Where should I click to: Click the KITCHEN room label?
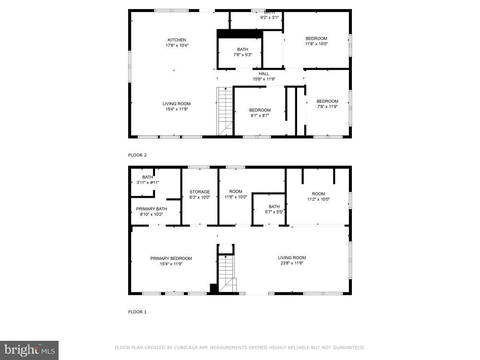click(x=177, y=40)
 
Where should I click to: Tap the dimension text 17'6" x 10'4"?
click(x=177, y=46)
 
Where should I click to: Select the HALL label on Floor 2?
click(x=264, y=73)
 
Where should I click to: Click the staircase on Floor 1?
click(x=226, y=271)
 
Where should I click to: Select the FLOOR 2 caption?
click(x=137, y=155)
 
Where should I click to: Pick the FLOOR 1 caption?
click(x=137, y=312)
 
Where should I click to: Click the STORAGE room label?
click(x=200, y=192)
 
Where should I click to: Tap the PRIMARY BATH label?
click(x=152, y=209)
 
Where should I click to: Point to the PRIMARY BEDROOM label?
click(x=171, y=258)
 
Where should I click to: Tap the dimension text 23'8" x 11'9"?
click(x=292, y=263)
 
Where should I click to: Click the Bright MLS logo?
click(x=29, y=350)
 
